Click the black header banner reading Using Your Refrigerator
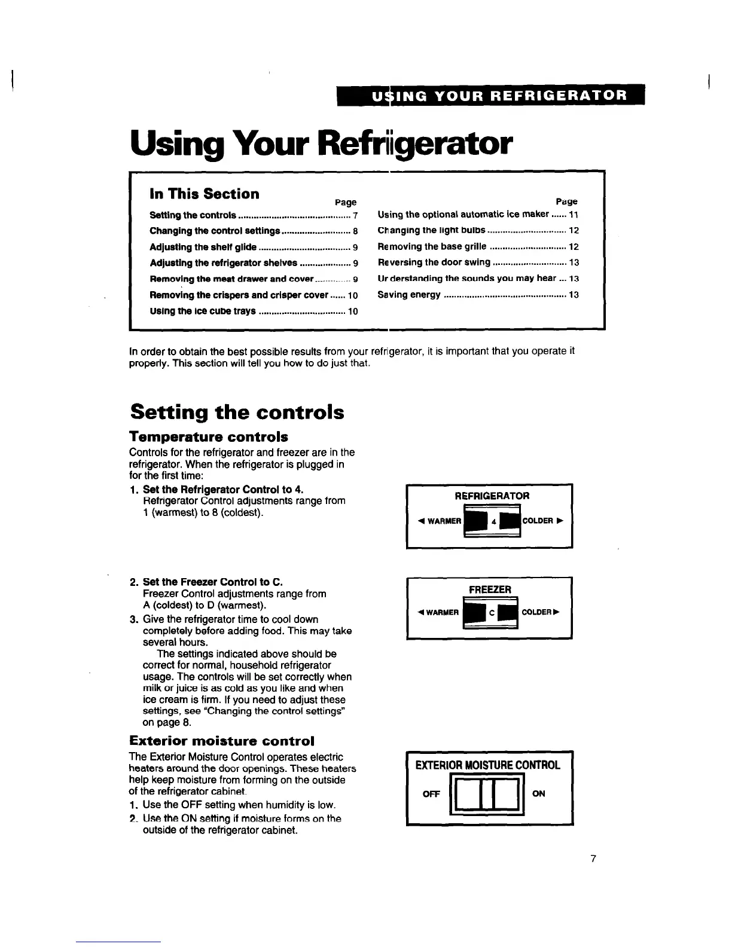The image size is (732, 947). pyautogui.click(x=490, y=95)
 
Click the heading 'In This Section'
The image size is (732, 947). pyautogui.click(x=204, y=194)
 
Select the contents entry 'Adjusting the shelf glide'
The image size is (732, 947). pyautogui.click(x=203, y=247)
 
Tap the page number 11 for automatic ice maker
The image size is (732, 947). pyautogui.click(x=574, y=214)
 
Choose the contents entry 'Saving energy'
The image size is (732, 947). pyautogui.click(x=409, y=295)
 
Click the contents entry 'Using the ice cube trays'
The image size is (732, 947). pyautogui.click(x=202, y=311)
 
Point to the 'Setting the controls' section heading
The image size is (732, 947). pyautogui.click(x=237, y=412)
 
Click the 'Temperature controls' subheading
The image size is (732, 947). pyautogui.click(x=209, y=436)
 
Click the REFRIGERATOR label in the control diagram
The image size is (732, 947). pyautogui.click(x=492, y=496)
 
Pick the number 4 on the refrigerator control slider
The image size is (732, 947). pyautogui.click(x=494, y=521)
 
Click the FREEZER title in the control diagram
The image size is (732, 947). pyautogui.click(x=490, y=589)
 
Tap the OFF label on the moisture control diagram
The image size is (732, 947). pyautogui.click(x=431, y=794)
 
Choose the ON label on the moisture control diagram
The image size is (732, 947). pyautogui.click(x=538, y=794)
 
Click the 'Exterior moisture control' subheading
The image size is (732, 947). pyautogui.click(x=222, y=741)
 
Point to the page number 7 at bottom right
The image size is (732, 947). pyautogui.click(x=592, y=859)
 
